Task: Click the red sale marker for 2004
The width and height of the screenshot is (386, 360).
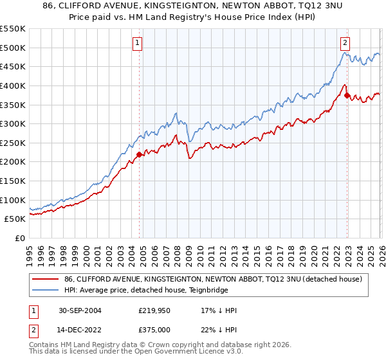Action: click(140, 154)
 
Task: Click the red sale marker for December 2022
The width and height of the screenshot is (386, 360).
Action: click(347, 96)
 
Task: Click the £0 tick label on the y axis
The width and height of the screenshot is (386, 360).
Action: click(21, 238)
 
